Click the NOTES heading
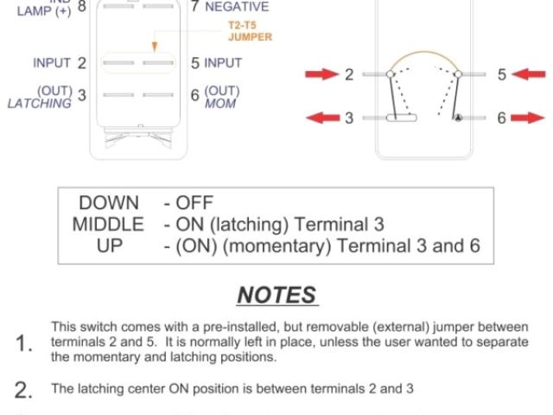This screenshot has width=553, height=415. coord(276,295)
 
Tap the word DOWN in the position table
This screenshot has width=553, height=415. coord(109,204)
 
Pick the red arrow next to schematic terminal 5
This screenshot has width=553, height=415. coord(526,75)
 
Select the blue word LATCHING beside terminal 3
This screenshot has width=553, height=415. coord(39,104)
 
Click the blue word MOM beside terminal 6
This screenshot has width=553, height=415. coord(219,104)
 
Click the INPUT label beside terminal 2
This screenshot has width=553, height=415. coord(53,63)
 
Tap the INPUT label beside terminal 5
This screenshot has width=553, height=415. coord(223,63)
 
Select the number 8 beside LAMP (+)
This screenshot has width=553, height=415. coord(81,7)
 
